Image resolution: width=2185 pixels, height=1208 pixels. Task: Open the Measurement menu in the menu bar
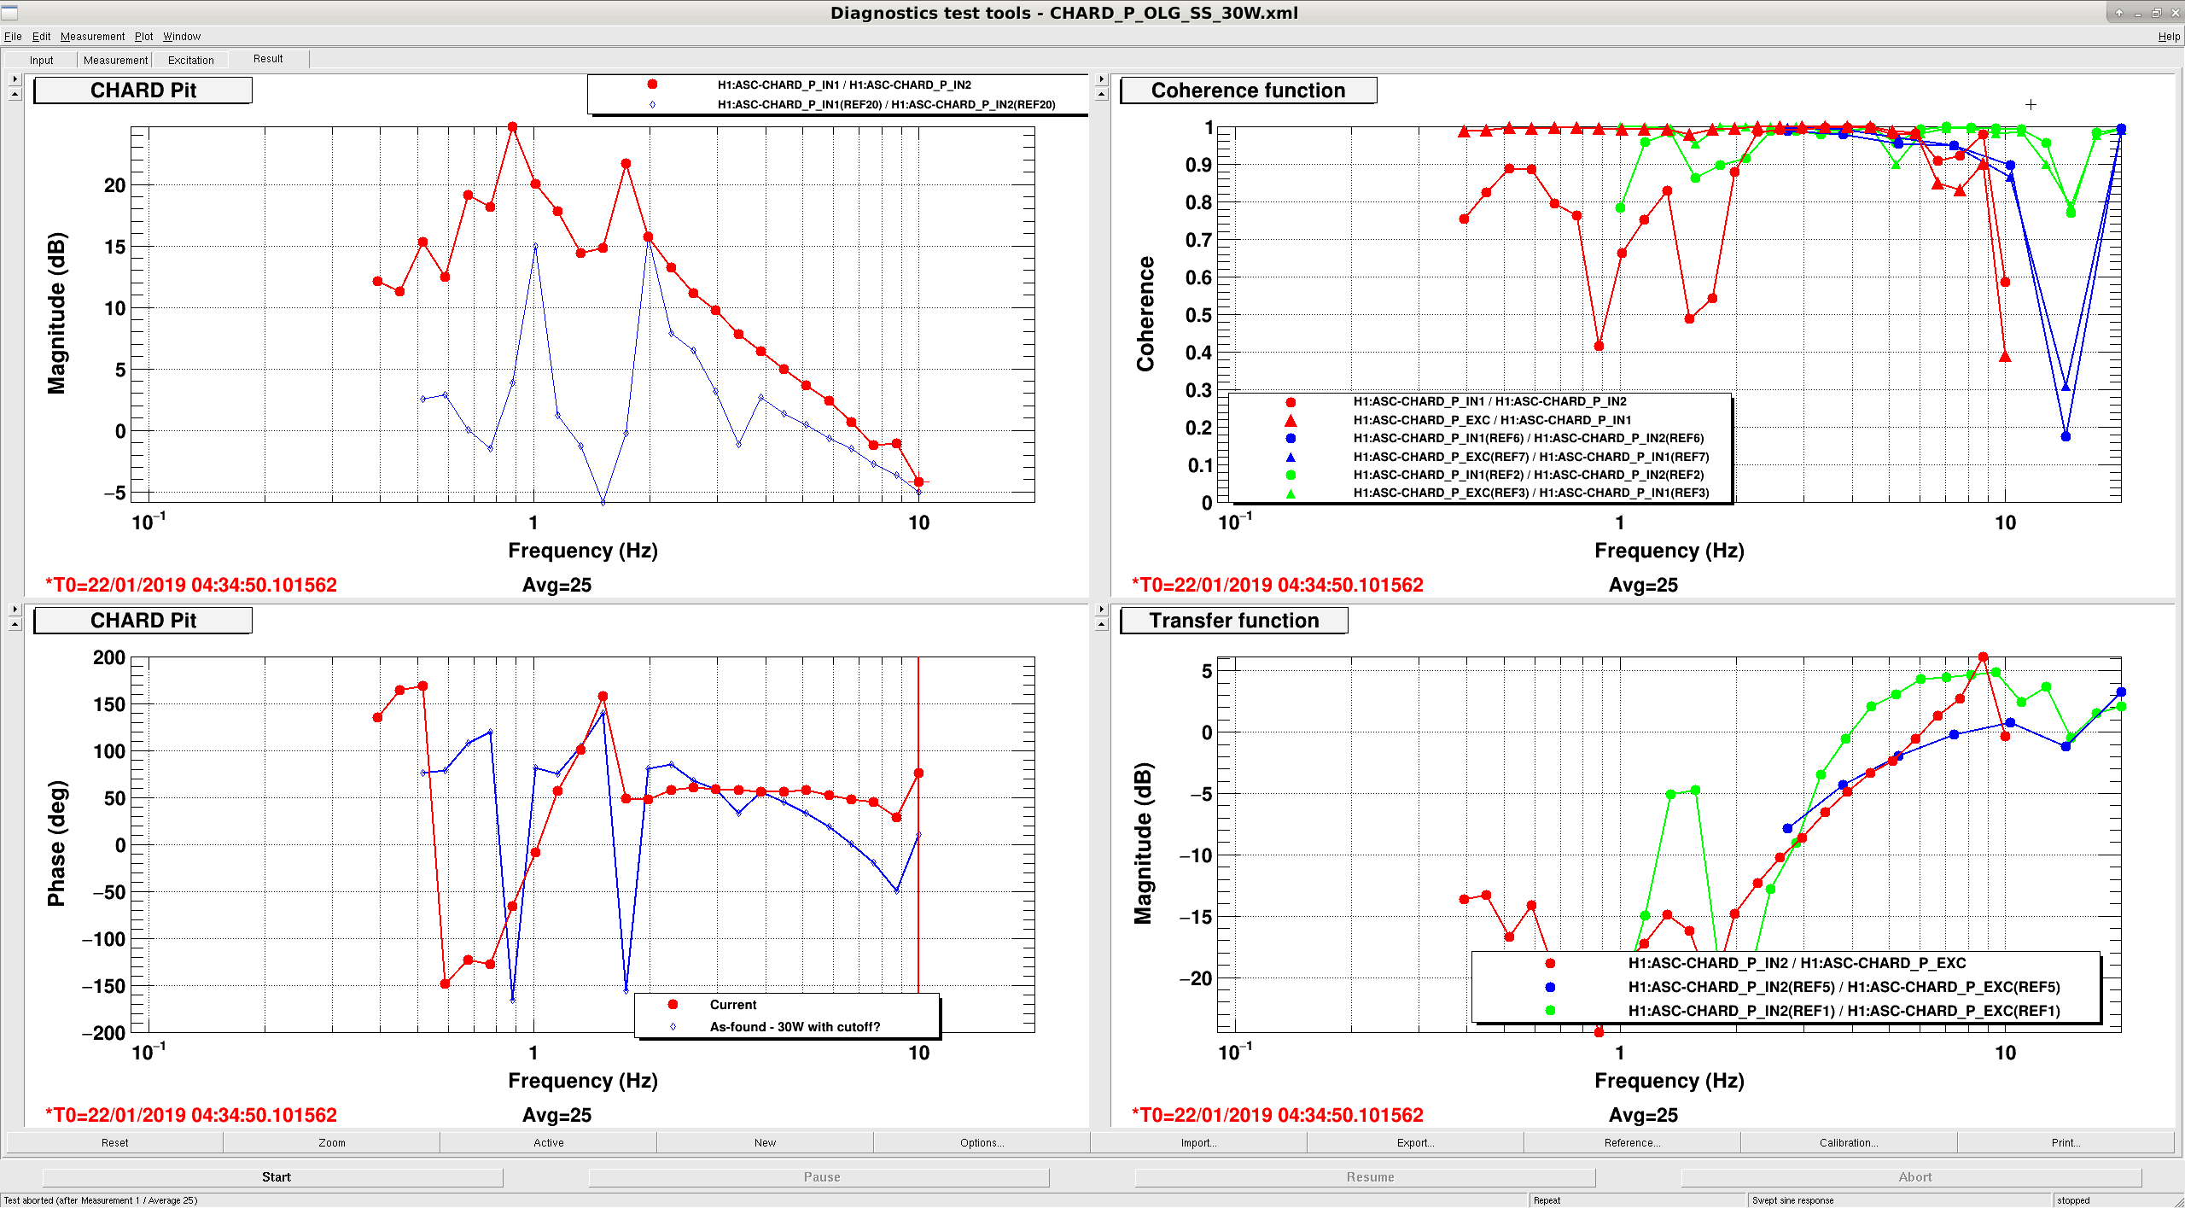click(92, 37)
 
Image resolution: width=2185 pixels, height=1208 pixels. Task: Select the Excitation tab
click(191, 60)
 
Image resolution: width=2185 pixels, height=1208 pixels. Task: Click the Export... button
click(1414, 1143)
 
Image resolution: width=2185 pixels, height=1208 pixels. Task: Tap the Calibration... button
click(1848, 1143)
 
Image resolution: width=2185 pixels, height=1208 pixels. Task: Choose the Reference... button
click(1631, 1143)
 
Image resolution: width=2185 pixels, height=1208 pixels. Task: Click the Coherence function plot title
click(1248, 90)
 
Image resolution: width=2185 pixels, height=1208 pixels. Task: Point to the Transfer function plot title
click(1233, 621)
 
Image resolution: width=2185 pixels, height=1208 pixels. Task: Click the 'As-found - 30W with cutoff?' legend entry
click(795, 1027)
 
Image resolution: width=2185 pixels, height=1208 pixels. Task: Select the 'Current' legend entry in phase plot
click(733, 1005)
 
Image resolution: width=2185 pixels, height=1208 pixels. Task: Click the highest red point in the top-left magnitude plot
click(513, 127)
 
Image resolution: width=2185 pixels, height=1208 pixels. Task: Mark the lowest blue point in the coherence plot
click(2066, 436)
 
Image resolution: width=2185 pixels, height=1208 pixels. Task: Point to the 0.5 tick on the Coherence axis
click(1199, 315)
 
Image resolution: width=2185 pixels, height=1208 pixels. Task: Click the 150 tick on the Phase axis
click(109, 704)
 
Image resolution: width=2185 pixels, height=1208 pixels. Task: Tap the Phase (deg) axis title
click(56, 843)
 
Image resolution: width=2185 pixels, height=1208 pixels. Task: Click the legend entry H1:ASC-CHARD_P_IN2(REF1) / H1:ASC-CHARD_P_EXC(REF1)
click(1844, 1011)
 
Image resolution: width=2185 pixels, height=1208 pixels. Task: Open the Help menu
click(2169, 37)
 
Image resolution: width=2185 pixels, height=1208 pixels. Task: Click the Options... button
click(982, 1143)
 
